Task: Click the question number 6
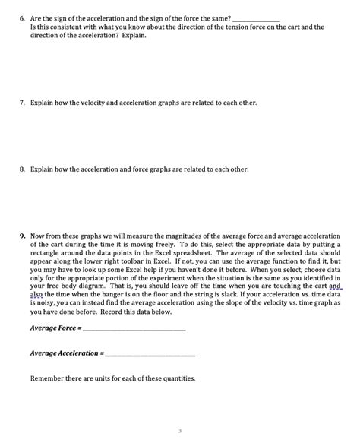[22, 17]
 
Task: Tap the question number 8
[22, 169]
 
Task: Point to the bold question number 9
[22, 236]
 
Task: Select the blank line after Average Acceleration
[150, 353]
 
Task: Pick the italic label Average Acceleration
[65, 353]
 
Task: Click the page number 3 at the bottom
[179, 430]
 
